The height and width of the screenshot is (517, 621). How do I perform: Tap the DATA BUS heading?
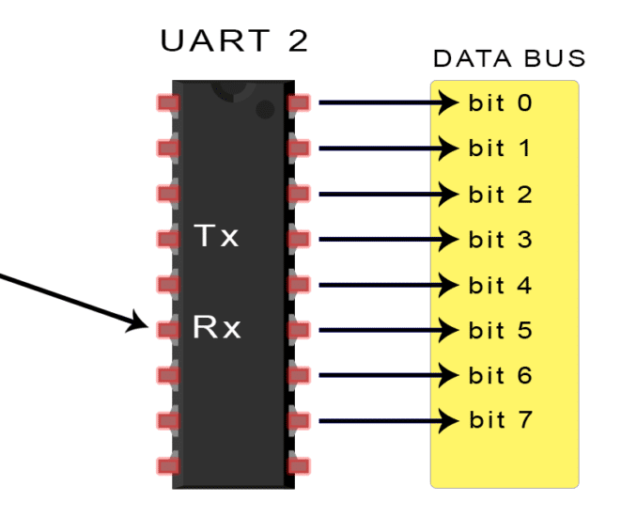pyautogui.click(x=508, y=59)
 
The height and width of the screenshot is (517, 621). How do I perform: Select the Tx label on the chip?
pyautogui.click(x=216, y=237)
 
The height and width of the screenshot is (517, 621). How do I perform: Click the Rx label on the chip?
pyautogui.click(x=216, y=328)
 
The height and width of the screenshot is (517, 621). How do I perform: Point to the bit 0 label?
pyautogui.click(x=500, y=102)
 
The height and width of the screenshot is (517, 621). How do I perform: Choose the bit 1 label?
pyautogui.click(x=500, y=148)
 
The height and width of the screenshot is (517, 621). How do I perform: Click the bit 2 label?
pyautogui.click(x=500, y=195)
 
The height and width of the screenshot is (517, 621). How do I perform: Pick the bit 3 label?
pyautogui.click(x=500, y=239)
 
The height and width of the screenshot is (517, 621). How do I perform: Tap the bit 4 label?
pyautogui.click(x=500, y=285)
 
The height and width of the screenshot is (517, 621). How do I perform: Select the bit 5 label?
pyautogui.click(x=500, y=330)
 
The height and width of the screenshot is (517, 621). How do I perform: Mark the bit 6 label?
pyautogui.click(x=500, y=375)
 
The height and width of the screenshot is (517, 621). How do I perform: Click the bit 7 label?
pyautogui.click(x=500, y=419)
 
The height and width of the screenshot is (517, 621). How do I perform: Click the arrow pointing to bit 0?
pyautogui.click(x=385, y=102)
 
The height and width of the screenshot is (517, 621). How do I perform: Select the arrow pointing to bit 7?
pyautogui.click(x=385, y=419)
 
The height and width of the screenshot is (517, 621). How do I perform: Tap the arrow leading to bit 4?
pyautogui.click(x=385, y=285)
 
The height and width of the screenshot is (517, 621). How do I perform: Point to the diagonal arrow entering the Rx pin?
pyautogui.click(x=75, y=299)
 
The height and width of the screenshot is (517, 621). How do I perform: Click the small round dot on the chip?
pyautogui.click(x=265, y=111)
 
